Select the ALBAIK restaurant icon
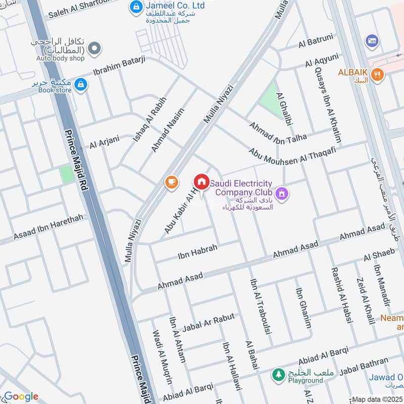(376, 75)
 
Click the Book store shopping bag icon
(80, 85)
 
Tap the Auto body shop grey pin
(93, 48)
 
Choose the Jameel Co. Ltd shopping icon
(135, 7)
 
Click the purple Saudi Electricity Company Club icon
(281, 192)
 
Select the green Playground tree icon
(277, 374)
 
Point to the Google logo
(21, 396)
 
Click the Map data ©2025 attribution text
(377, 399)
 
